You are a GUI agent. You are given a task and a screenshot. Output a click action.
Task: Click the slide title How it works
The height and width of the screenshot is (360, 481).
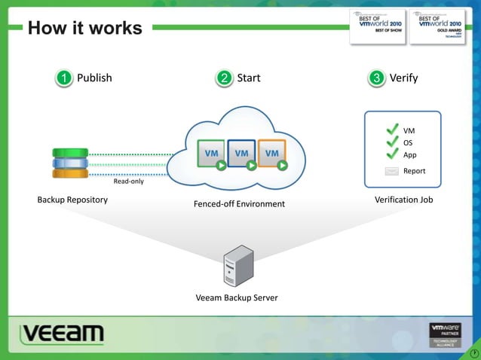tap(84, 28)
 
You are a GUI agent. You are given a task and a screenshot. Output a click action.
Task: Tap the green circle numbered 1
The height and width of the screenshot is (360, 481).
tap(65, 78)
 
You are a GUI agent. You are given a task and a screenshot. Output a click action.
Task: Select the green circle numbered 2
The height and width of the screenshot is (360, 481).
tap(224, 78)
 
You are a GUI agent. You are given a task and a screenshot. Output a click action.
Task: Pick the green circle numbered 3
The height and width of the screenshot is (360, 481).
tap(377, 78)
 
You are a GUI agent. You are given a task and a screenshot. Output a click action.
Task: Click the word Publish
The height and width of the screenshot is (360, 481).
tap(94, 78)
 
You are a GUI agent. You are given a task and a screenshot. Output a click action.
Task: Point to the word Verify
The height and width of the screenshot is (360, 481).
tap(403, 78)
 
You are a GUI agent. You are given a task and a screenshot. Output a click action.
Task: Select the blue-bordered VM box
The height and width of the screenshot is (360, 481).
tap(241, 154)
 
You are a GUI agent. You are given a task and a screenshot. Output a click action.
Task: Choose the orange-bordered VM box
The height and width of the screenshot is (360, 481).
tap(271, 154)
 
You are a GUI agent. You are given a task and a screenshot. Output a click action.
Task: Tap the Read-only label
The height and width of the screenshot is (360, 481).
tap(128, 182)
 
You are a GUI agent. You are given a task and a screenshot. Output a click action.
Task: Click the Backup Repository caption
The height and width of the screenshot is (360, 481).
tap(72, 200)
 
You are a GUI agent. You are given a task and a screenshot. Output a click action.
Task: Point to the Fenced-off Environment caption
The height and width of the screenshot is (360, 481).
tap(239, 204)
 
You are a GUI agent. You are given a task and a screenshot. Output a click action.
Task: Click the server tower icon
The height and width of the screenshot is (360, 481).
tap(237, 265)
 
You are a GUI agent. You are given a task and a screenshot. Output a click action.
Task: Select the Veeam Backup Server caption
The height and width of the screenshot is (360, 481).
tap(237, 297)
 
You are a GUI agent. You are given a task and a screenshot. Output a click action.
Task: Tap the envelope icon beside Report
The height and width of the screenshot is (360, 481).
tap(391, 171)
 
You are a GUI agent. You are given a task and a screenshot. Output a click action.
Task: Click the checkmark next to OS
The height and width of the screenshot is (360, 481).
tap(392, 142)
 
